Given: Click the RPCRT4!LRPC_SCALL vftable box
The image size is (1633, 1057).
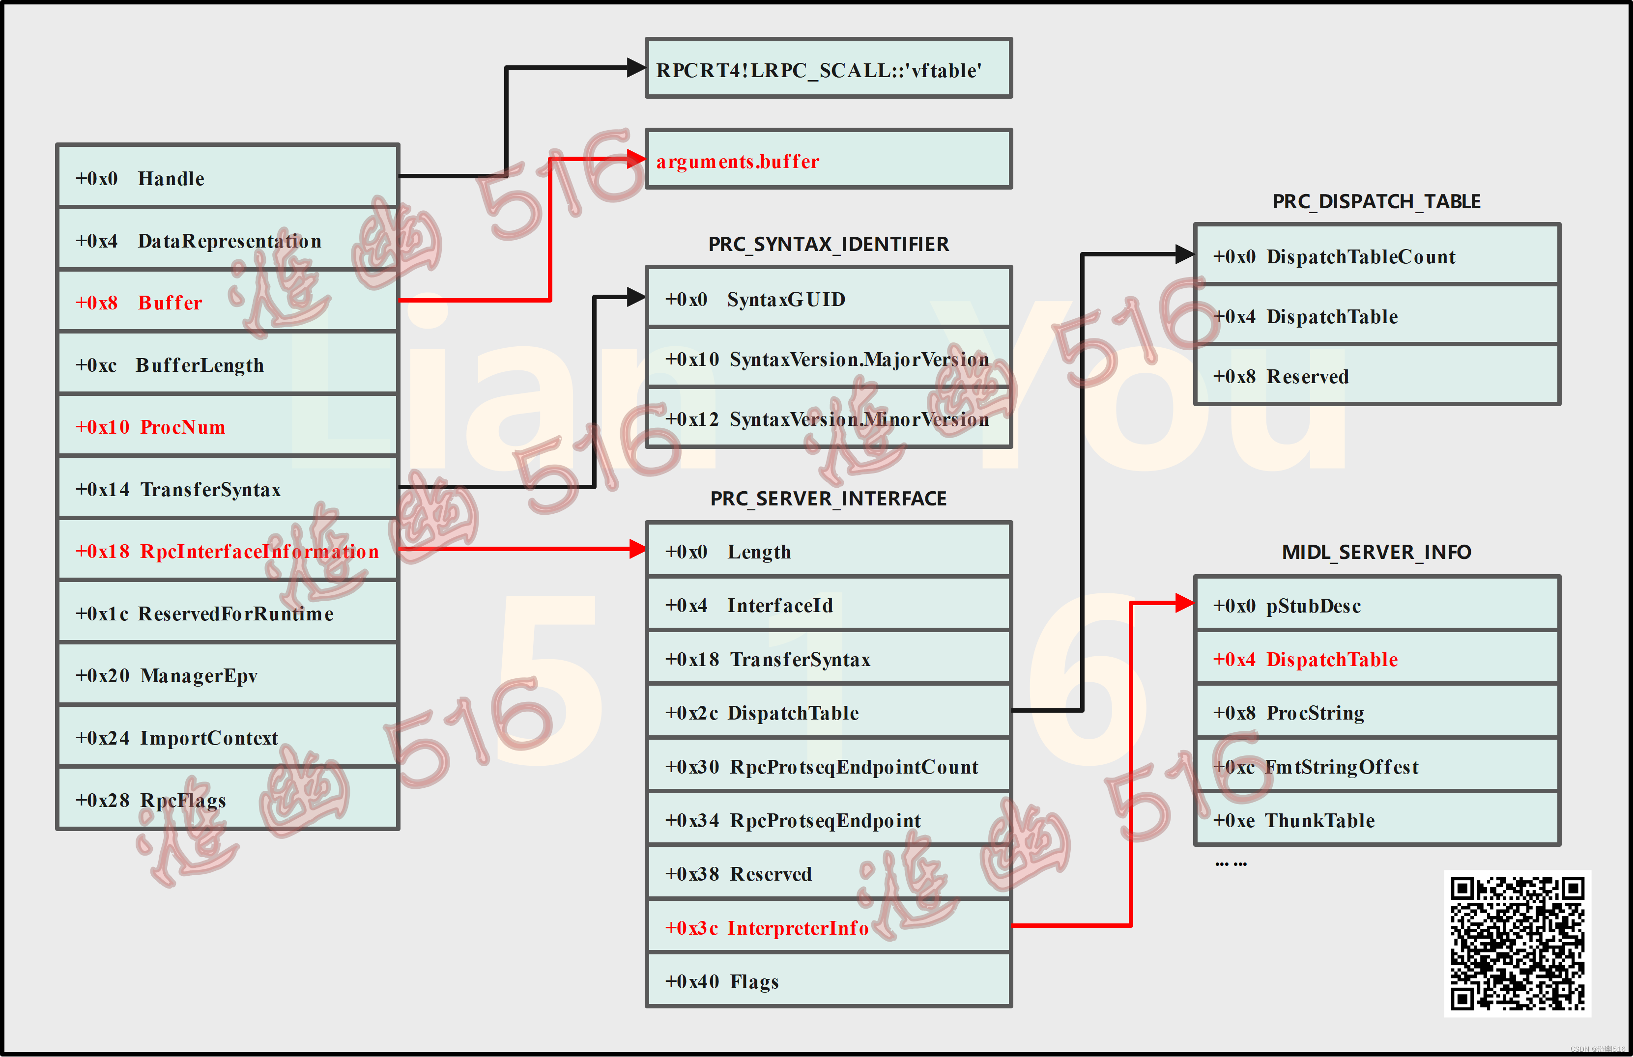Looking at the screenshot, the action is [x=828, y=69].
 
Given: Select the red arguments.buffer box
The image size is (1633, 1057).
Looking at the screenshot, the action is [x=828, y=160].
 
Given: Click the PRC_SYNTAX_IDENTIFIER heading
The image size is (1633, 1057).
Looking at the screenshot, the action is [x=828, y=244].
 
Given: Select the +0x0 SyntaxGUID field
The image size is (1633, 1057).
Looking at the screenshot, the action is [x=828, y=298].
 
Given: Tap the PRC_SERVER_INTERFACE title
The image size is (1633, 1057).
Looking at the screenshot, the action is [x=828, y=499].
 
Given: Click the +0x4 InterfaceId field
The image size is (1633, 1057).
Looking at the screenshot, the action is [x=828, y=605].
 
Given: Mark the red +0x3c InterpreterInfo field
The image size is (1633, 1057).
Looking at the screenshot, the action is [x=828, y=927].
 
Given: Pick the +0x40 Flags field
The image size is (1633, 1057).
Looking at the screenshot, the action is [x=828, y=981].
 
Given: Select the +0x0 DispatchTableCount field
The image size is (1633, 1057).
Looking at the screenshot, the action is [x=1376, y=256].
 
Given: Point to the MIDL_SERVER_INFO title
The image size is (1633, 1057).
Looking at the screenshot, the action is [x=1376, y=552].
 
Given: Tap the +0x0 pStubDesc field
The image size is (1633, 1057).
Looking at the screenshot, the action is [x=1376, y=605].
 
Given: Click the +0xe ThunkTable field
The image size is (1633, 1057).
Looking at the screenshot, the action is [x=1376, y=820].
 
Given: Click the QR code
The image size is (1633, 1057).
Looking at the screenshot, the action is [x=1517, y=943].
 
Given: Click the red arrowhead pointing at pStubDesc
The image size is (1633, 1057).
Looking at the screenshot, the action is [x=1184, y=603].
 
